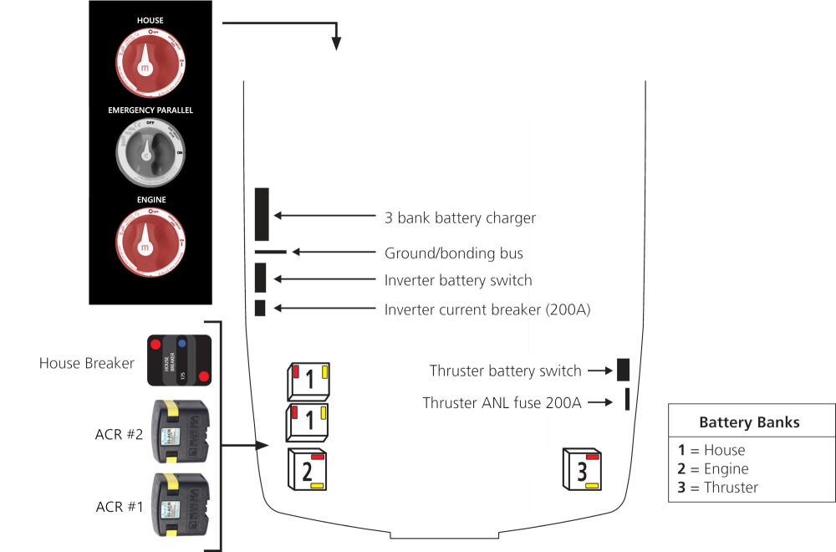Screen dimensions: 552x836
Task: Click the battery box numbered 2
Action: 307,469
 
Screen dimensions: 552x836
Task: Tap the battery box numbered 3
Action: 582,469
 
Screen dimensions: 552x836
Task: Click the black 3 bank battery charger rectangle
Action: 262,215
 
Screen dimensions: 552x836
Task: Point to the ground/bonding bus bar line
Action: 270,251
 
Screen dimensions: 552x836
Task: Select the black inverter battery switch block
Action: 260,278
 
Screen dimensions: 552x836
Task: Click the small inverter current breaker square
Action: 260,307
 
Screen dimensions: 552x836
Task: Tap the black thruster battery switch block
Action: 623,370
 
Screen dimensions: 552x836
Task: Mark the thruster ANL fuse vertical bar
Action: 626,399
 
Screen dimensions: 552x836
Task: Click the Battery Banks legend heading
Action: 749,422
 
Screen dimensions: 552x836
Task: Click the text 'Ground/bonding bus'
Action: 454,253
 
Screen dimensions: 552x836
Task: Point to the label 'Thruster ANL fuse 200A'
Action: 502,403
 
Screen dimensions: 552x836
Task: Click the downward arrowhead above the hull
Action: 336,43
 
